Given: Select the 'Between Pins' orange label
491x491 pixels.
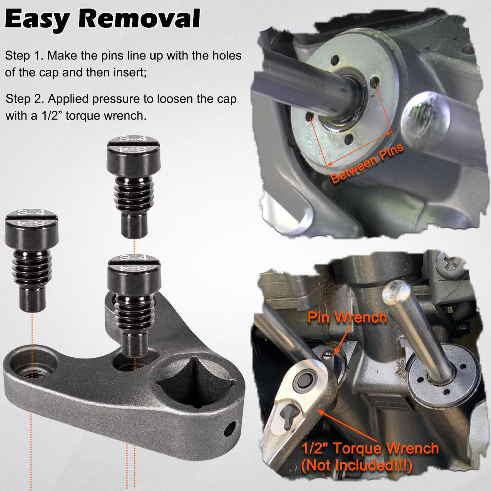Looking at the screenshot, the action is tap(367, 163).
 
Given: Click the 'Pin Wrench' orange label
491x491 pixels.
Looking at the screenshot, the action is tap(347, 317).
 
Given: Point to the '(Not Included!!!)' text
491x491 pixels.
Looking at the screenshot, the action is tap(356, 465).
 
